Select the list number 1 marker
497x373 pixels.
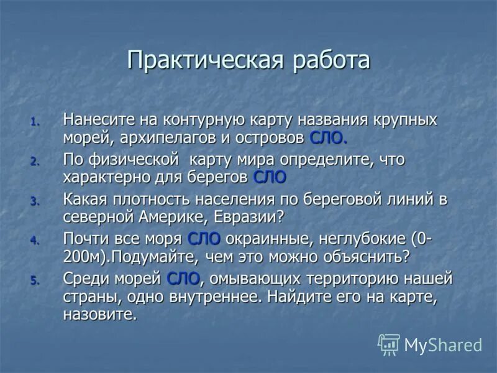click(35, 121)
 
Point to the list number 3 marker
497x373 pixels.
click(35, 201)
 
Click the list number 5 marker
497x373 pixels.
click(35, 281)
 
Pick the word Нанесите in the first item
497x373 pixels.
click(99, 118)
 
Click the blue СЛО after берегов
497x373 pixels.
click(270, 177)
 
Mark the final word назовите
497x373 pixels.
click(99, 315)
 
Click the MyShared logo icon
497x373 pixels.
click(389, 344)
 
